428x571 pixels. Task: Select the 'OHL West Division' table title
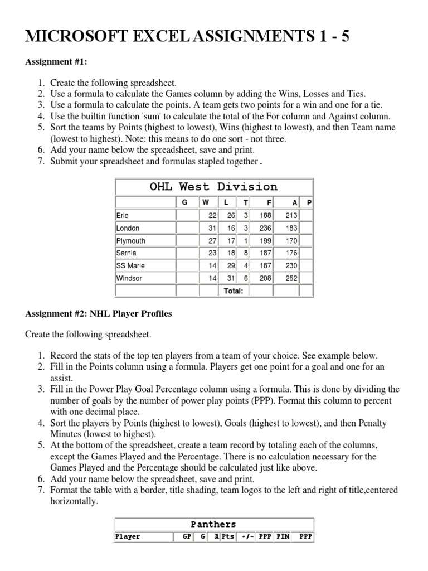click(x=213, y=187)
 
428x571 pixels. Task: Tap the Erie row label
click(x=122, y=215)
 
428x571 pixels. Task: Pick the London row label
click(x=128, y=228)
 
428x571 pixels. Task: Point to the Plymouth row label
click(x=130, y=241)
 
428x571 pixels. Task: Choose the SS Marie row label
click(x=130, y=266)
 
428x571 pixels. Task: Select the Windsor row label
click(x=129, y=278)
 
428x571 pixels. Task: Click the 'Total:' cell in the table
click(x=234, y=291)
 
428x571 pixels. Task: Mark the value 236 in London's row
click(x=265, y=228)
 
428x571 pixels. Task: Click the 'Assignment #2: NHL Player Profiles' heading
click(x=99, y=314)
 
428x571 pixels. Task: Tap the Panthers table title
click(x=213, y=524)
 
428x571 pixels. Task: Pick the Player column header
click(x=128, y=537)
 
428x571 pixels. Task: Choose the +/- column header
click(x=247, y=537)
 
